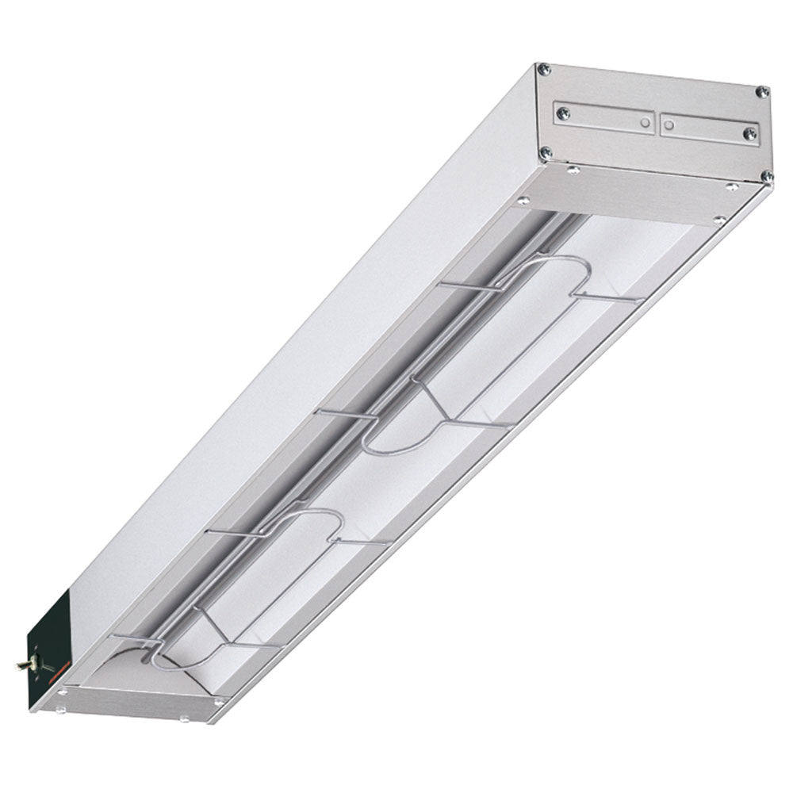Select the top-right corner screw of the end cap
(761, 92)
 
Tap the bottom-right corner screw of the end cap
(766, 175)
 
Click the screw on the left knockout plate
(563, 113)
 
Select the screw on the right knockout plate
(748, 134)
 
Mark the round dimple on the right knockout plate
(668, 125)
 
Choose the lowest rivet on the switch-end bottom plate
(184, 719)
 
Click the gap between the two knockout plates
(657, 123)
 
